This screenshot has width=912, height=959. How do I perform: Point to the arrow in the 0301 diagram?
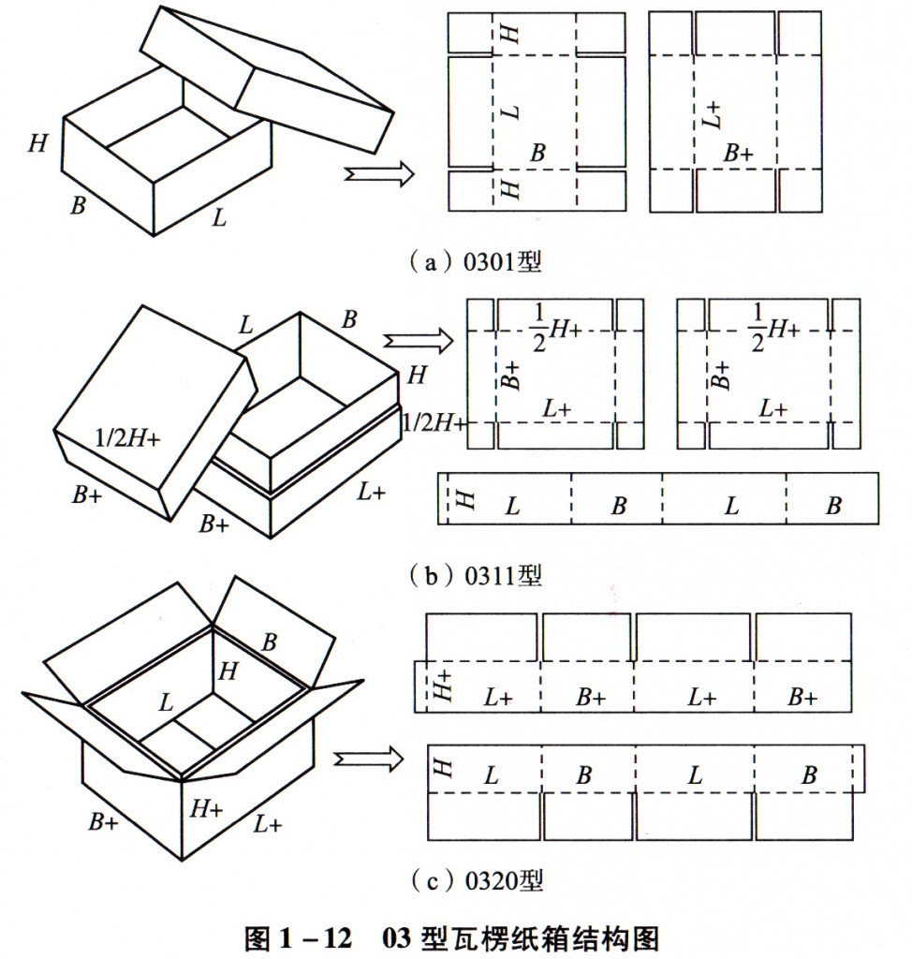378,173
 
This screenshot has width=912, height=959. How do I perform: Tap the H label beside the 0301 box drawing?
38,143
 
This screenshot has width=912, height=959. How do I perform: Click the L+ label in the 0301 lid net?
713,115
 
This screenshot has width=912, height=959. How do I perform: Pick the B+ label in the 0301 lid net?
738,154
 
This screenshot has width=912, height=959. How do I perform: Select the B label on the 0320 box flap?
270,642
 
